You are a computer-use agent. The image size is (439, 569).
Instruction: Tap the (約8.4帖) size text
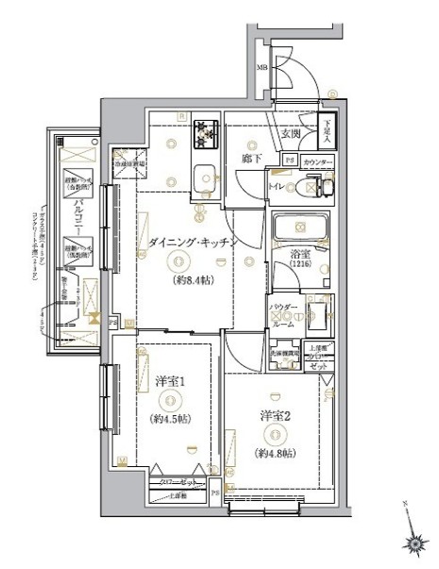pos(192,280)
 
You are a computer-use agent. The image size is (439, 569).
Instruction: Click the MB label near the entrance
pos(262,68)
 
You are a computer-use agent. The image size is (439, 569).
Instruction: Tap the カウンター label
pos(319,163)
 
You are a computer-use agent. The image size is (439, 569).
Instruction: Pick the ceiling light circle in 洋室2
pos(274,434)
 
